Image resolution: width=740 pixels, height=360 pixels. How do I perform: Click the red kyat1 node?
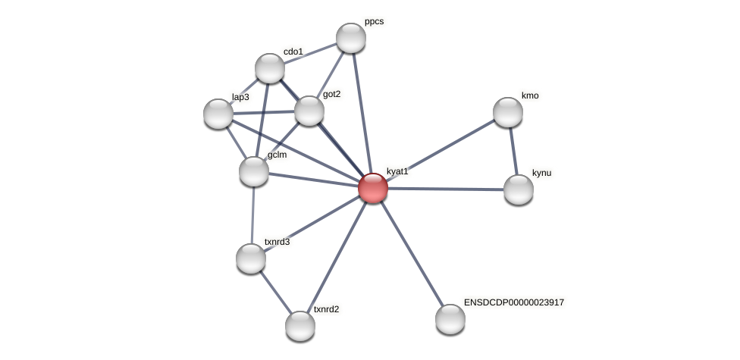[x=373, y=188]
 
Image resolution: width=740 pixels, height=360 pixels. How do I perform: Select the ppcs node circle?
[x=351, y=38]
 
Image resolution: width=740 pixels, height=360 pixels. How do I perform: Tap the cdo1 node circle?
[x=270, y=68]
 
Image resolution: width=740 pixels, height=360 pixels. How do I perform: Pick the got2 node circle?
[x=309, y=111]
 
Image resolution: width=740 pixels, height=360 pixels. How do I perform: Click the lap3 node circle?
[x=218, y=114]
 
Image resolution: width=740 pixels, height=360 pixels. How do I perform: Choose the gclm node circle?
[x=254, y=171]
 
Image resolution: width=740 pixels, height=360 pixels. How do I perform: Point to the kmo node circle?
[x=508, y=112]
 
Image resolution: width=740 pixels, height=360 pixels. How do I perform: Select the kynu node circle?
[x=519, y=189]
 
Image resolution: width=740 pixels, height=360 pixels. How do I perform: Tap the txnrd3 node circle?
[x=251, y=258]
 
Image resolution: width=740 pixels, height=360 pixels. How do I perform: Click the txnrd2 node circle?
[x=300, y=326]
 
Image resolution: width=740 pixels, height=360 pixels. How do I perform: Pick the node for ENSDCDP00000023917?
[x=450, y=319]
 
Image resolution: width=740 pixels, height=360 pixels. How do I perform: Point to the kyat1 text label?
[x=397, y=172]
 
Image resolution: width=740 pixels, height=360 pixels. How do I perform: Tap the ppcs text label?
[x=374, y=22]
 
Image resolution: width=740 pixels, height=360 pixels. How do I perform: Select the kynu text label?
[x=541, y=174]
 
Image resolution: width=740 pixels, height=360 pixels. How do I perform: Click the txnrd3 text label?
[x=277, y=243]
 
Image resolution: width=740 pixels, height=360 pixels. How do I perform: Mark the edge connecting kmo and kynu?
[x=513, y=151]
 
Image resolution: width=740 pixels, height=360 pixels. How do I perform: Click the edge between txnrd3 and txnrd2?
[x=275, y=292]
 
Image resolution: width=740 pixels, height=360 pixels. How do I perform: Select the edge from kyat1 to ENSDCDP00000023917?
[x=412, y=253]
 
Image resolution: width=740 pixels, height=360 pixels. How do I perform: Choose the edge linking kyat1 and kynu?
[x=446, y=189]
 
